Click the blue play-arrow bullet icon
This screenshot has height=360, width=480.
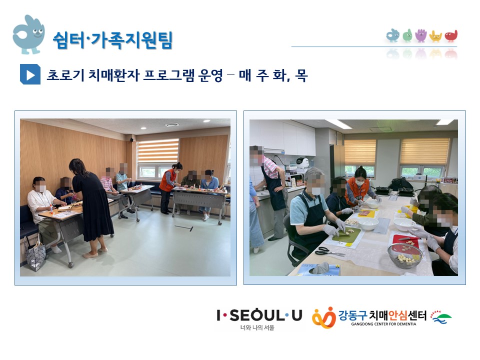[x=30, y=74]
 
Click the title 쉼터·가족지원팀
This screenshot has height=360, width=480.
[x=113, y=40]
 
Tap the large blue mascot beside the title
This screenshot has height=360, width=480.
[x=28, y=34]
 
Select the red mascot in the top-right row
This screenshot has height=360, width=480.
[x=451, y=36]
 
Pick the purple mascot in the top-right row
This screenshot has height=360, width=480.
[x=421, y=35]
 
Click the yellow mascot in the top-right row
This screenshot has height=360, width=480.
[x=435, y=36]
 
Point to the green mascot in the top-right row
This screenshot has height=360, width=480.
[x=407, y=35]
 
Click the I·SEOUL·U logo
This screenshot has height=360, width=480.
[x=259, y=315]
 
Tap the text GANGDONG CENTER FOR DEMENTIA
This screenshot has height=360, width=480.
[x=383, y=324]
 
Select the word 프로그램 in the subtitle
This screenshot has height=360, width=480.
[x=168, y=75]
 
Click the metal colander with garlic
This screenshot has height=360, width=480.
[x=404, y=255]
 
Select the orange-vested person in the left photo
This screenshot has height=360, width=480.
[x=169, y=187]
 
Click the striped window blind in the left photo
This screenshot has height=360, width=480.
[x=158, y=151]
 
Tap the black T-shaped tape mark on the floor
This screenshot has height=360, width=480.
[x=184, y=228]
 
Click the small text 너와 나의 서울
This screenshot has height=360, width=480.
[x=257, y=327]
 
